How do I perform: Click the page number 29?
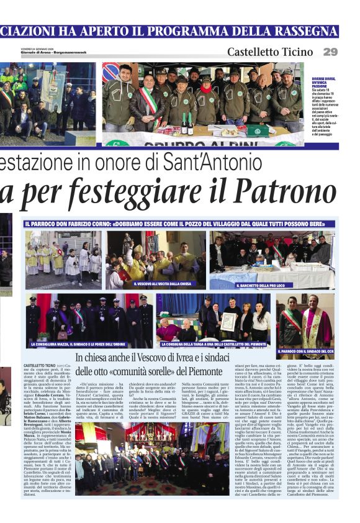[x=330, y=52]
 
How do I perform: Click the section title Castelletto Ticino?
[x=270, y=52]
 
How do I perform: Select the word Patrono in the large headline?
[x=292, y=190]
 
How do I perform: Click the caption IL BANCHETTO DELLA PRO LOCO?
[x=260, y=286]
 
